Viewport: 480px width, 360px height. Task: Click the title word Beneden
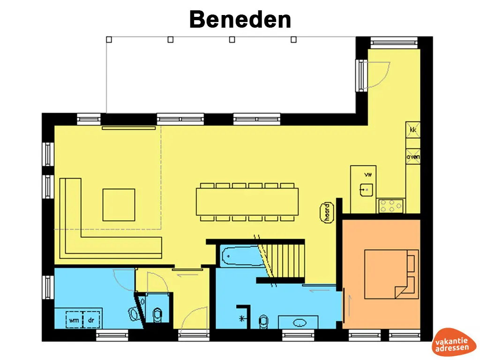tap(240, 20)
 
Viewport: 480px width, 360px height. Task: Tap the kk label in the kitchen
tap(413, 129)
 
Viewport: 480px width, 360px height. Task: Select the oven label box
tap(413, 157)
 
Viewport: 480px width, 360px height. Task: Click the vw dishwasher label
tap(367, 174)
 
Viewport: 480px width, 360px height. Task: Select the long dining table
tap(247, 201)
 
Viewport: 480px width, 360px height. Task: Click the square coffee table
tap(119, 204)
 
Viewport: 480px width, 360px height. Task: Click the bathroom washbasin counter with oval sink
tap(298, 322)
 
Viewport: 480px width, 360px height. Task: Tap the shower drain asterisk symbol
tap(242, 319)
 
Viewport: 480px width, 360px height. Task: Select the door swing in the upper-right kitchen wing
tap(377, 75)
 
